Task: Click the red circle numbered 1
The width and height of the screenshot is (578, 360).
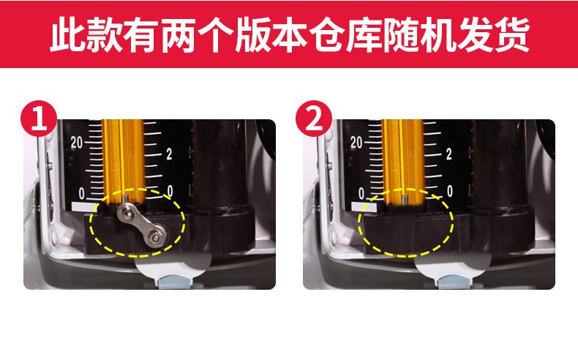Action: coord(39,119)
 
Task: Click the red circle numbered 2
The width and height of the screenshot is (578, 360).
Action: coord(314,119)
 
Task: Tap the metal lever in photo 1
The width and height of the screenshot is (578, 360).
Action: coord(143,226)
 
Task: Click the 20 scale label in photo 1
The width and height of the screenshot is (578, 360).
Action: coord(77,143)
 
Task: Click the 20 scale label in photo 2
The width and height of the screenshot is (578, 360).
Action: coord(356,143)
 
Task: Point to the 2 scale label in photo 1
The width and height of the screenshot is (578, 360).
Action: coord(169,154)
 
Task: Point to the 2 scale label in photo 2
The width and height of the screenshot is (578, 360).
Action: coord(448,154)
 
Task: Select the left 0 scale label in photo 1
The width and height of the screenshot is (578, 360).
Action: coord(81,193)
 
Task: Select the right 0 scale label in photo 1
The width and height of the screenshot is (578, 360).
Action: coord(170,191)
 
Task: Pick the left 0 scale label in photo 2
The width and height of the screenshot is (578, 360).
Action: coord(361,193)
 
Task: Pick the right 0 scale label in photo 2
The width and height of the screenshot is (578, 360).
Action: coord(449,191)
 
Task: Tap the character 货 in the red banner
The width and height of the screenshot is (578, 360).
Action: coord(512,34)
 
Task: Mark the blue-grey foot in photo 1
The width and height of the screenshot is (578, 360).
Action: coord(175,282)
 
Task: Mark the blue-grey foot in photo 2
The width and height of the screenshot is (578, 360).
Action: coord(454,282)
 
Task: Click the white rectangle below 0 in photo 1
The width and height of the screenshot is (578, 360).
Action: coord(84,207)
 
